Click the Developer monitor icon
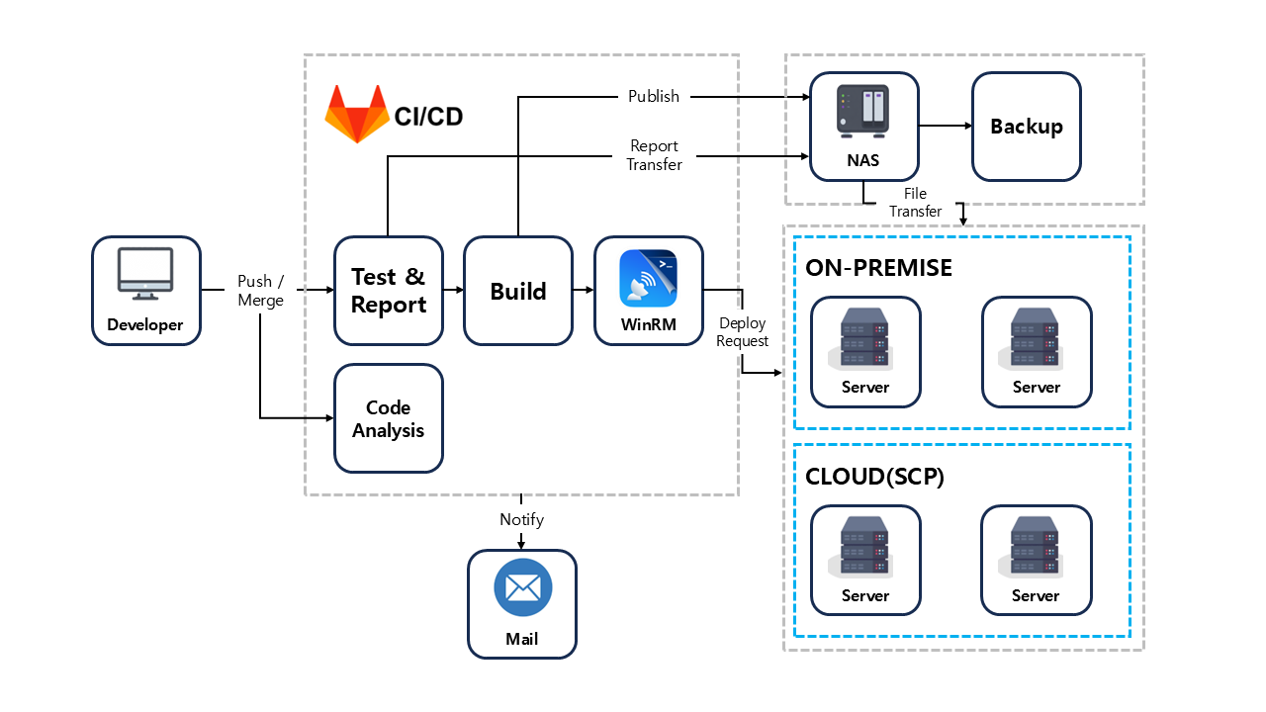click(x=145, y=273)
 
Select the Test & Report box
click(x=389, y=291)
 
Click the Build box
click(x=518, y=291)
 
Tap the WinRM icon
click(x=648, y=279)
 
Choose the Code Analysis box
click(x=389, y=418)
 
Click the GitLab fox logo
click(x=357, y=113)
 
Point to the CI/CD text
click(x=428, y=117)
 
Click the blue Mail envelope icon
click(x=522, y=587)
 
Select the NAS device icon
click(x=863, y=110)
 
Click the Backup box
click(x=1027, y=127)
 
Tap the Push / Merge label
click(x=260, y=291)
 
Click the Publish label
click(x=654, y=96)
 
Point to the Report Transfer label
click(x=655, y=155)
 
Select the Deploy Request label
click(x=743, y=332)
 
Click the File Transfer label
click(x=915, y=203)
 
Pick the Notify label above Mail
click(x=521, y=519)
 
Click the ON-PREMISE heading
click(x=879, y=268)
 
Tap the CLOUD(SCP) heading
click(x=875, y=477)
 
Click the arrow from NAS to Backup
click(x=945, y=126)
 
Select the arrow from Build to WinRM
click(x=583, y=290)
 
